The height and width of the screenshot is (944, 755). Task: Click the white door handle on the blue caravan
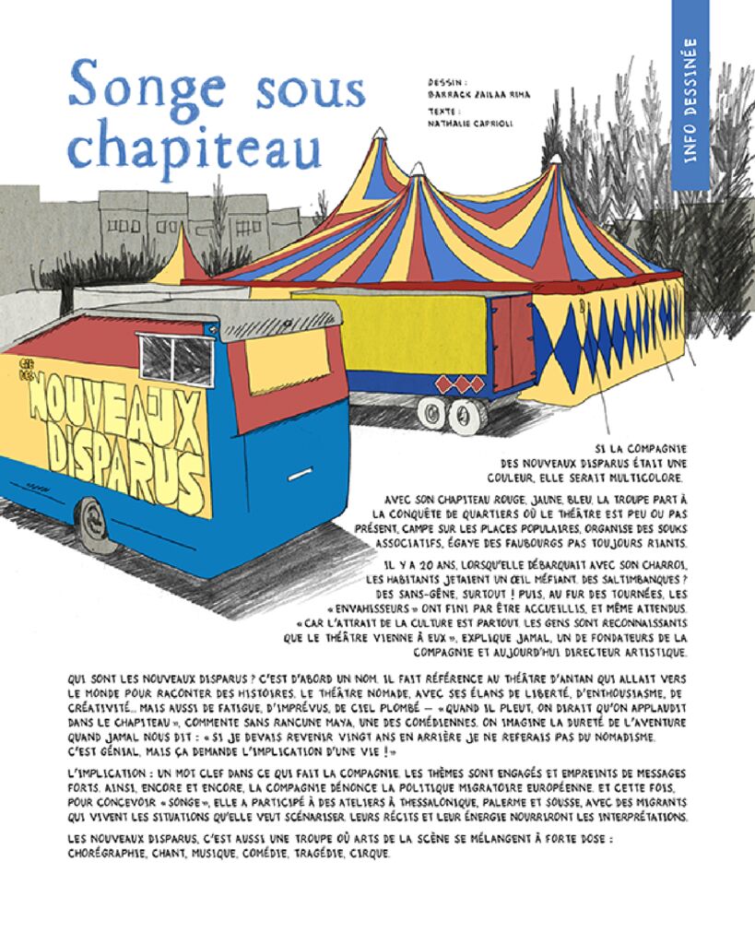pos(300,476)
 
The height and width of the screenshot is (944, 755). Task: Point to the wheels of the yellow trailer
pos(451,414)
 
